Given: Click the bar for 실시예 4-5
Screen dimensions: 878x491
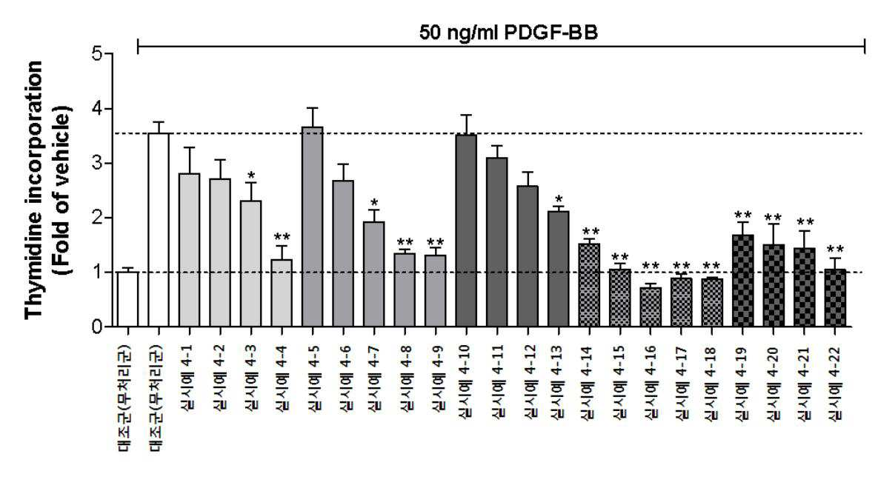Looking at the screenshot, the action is pos(313,227).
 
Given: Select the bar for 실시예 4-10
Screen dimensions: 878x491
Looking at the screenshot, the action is pos(466,230).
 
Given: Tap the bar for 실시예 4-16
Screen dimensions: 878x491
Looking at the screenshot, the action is pos(650,307).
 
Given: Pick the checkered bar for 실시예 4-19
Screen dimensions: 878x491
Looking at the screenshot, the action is pos(742,281).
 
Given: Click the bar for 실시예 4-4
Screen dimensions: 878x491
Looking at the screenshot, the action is pos(282,293).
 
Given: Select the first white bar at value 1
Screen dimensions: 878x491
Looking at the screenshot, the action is pos(127,299).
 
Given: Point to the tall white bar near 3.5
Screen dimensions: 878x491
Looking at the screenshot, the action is pos(159,230).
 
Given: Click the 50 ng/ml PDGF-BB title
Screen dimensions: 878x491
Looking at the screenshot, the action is pos(508,33).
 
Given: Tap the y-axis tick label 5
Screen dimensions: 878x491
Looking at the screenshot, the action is pos(97,54).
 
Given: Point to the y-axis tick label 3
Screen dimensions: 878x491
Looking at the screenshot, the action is pos(97,164).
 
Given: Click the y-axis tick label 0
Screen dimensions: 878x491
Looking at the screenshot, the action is pos(97,327).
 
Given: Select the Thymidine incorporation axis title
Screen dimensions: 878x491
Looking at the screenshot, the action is pos(33,190).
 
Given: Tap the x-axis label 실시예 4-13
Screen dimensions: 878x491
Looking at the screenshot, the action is pos(556,382).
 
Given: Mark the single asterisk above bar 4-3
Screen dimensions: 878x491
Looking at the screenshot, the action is pos(251,176).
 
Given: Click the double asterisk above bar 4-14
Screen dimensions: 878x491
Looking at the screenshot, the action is pos(591,231).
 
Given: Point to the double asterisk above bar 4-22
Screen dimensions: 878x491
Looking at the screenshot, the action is pos(835,249).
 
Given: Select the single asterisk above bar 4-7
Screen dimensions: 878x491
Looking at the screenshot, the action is pos(374,203).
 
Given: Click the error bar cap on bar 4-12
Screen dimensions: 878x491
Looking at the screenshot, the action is pos(528,173).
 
